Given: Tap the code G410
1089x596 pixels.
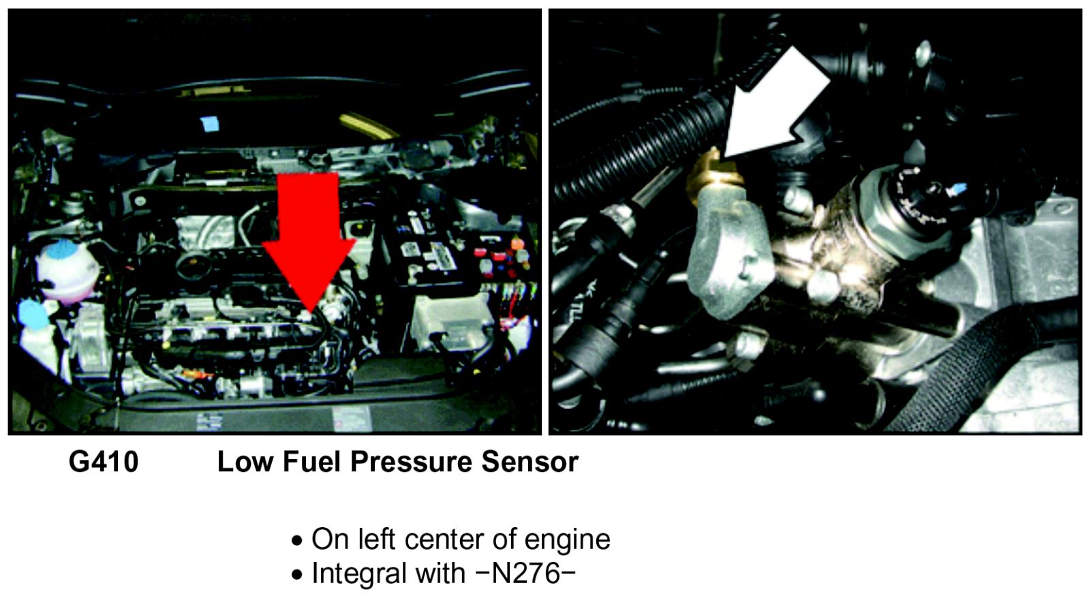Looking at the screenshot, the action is point(104,462).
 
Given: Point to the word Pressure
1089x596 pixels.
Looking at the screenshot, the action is point(411,462).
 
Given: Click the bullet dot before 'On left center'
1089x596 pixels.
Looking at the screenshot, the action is point(296,541).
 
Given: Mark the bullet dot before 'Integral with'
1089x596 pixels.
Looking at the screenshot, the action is point(296,575).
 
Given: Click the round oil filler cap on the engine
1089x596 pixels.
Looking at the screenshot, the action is point(194,266).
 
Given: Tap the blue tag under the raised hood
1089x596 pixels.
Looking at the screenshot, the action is point(209,123).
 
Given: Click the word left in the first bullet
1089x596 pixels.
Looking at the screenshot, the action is point(377,539).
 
